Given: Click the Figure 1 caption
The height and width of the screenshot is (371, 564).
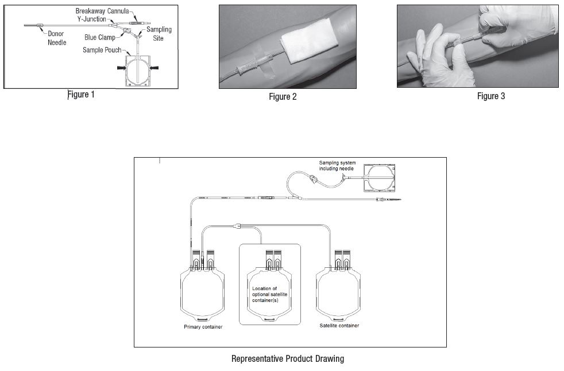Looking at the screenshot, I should pos(81,95).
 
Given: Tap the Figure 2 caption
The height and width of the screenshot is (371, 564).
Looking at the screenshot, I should pos(283,96).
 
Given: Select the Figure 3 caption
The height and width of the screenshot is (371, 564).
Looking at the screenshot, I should pos(491,96).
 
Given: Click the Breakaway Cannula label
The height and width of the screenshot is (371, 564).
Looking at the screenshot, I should pos(102,11).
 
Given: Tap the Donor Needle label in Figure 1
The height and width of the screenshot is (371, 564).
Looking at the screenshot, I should pos(57,38).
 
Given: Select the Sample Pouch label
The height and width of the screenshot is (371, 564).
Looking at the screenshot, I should pos(101,50).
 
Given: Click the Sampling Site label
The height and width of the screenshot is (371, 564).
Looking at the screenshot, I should pos(159,33).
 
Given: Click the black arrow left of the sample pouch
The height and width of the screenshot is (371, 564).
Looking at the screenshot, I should pos(121,68).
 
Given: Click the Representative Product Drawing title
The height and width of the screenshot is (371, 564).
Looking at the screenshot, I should pos(287,359).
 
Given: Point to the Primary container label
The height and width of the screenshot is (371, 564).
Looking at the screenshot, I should pos(203,327).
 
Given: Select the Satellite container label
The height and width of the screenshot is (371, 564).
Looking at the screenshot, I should pos(339,326).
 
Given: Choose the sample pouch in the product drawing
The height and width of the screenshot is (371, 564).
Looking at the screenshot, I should pos(378,178).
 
